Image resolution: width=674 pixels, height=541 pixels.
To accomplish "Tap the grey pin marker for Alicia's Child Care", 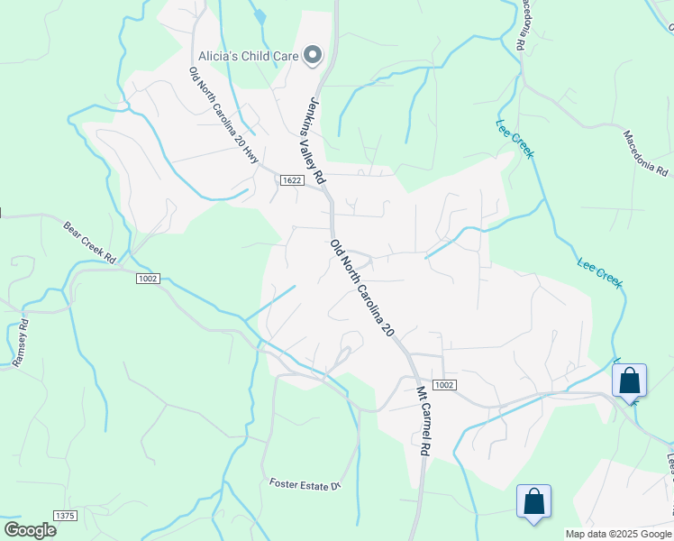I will pyautogui.click(x=313, y=56).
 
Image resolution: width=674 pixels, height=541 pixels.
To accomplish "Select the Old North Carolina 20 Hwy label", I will pyautogui.click(x=223, y=116).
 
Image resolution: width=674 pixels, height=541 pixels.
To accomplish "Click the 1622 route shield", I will pyautogui.click(x=290, y=180).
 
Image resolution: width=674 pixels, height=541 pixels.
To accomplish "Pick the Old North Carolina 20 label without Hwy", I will pyautogui.click(x=362, y=288).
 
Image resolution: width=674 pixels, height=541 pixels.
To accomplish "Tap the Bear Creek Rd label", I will pyautogui.click(x=90, y=241).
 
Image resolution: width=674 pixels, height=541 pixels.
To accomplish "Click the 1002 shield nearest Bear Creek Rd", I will pyautogui.click(x=149, y=279).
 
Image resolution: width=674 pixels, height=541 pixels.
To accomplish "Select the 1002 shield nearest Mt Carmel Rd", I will pyautogui.click(x=443, y=385).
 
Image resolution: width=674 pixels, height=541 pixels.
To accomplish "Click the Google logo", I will pyautogui.click(x=30, y=530).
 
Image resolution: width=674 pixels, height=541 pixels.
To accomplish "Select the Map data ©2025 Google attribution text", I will pyautogui.click(x=618, y=534).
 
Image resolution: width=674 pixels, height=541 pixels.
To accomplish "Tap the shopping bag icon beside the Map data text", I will pyautogui.click(x=533, y=501).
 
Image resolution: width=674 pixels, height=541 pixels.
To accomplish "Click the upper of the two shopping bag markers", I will pyautogui.click(x=629, y=380).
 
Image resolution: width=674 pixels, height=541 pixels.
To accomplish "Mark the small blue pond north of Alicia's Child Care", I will pyautogui.click(x=260, y=15).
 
